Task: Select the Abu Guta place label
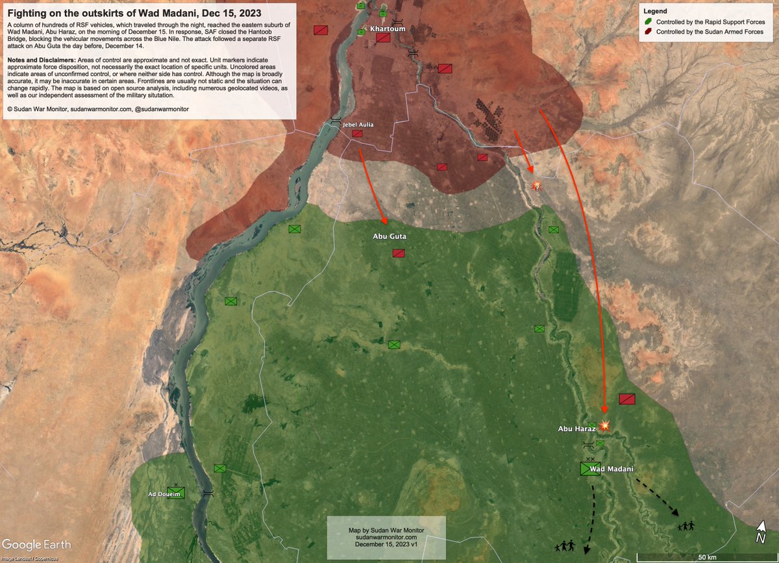click(389, 236)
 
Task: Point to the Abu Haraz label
click(576, 429)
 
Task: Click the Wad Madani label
click(612, 469)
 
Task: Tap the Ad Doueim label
click(162, 494)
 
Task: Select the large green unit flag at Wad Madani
click(590, 469)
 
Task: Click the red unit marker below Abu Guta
click(399, 253)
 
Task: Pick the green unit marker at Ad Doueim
click(176, 492)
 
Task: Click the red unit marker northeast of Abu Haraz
click(627, 399)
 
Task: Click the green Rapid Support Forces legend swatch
click(649, 22)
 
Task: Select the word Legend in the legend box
click(655, 12)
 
